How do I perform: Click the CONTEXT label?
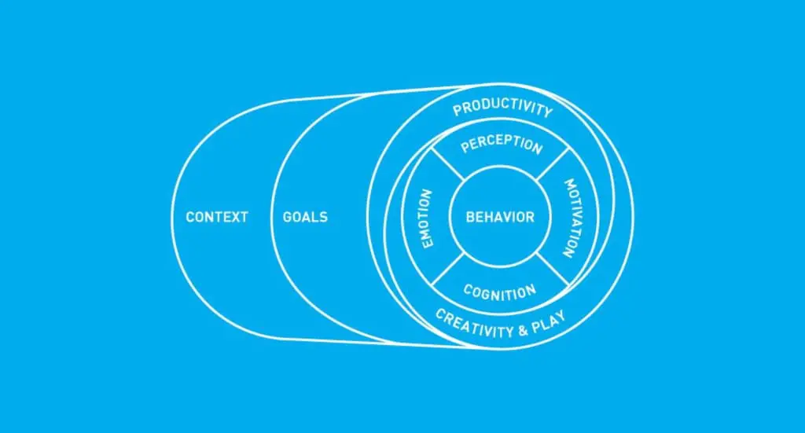click(217, 217)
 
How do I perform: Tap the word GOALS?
click(305, 217)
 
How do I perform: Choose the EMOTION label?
click(428, 218)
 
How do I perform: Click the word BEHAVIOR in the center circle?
click(500, 217)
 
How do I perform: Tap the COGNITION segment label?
click(500, 292)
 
